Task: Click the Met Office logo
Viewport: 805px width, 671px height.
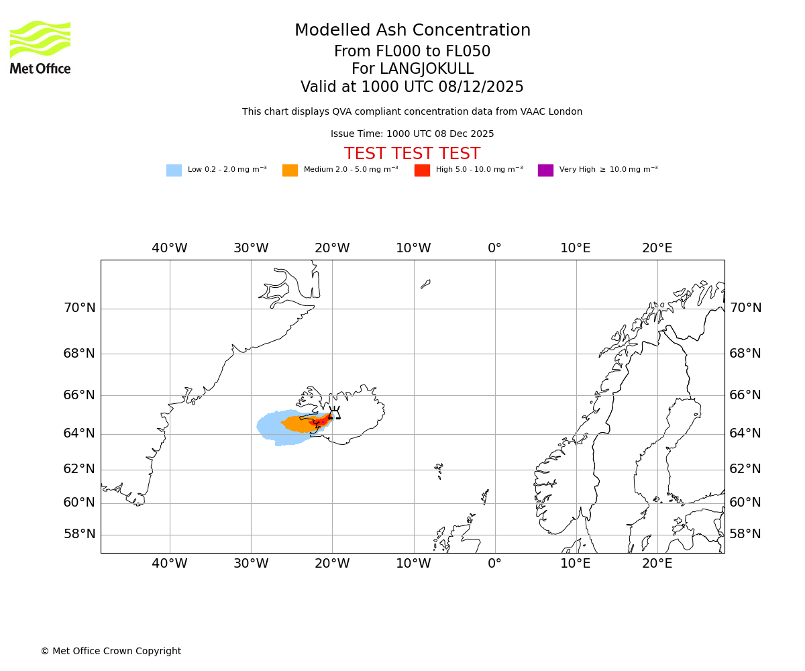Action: click(x=40, y=47)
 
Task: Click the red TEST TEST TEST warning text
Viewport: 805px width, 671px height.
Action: click(x=412, y=154)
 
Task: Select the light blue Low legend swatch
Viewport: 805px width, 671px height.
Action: click(x=174, y=170)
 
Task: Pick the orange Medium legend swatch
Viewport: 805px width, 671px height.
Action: click(x=290, y=170)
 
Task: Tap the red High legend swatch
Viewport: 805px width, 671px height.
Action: click(x=422, y=170)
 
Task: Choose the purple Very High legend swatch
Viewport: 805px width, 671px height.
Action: click(x=545, y=170)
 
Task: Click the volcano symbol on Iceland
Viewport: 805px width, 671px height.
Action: click(x=334, y=413)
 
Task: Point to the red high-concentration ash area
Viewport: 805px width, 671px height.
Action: click(x=321, y=421)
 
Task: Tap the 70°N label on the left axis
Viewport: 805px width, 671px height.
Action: click(x=79, y=308)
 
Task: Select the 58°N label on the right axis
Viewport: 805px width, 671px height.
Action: click(x=745, y=534)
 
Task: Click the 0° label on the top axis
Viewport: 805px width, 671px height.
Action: click(x=494, y=248)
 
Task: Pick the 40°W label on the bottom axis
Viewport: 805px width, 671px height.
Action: click(x=169, y=564)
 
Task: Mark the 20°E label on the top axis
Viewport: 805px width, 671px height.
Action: click(x=657, y=248)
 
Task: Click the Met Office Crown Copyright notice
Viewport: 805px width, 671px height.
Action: click(x=111, y=651)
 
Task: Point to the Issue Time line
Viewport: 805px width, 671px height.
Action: click(x=412, y=134)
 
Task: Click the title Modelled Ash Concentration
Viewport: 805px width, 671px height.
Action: click(x=412, y=31)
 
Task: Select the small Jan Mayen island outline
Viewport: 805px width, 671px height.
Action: click(x=425, y=284)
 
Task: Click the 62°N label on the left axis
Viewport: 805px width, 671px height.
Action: click(x=79, y=469)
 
